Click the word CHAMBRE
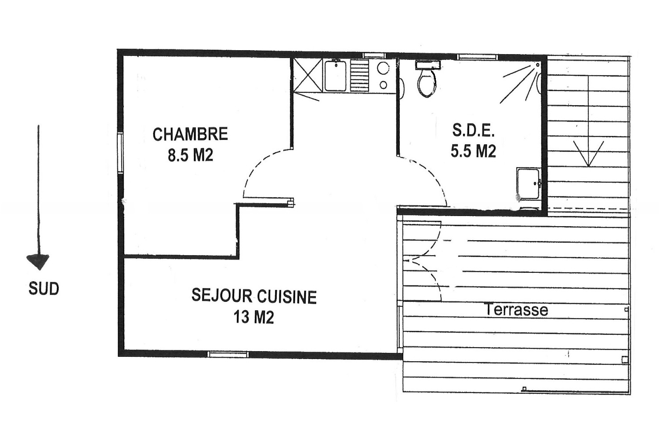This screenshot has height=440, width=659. [x=190, y=134]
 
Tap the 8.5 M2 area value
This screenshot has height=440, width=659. [x=190, y=155]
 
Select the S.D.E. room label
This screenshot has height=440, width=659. [x=473, y=131]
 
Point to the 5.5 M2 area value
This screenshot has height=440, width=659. [x=473, y=151]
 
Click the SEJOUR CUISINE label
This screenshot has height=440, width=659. [x=254, y=296]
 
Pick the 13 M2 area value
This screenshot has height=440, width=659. [x=254, y=317]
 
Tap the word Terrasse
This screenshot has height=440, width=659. [x=517, y=310]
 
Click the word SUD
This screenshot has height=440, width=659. [x=44, y=289]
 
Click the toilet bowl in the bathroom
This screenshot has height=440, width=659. [x=427, y=83]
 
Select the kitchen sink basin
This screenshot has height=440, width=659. [x=335, y=76]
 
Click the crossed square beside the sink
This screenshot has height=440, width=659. [x=308, y=75]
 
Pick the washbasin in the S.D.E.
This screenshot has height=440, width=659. [x=529, y=184]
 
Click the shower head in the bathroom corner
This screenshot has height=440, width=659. [x=538, y=65]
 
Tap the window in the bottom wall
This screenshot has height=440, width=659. [x=228, y=354]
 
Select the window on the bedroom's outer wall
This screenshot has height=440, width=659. [x=120, y=152]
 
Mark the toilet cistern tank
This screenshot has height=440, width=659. [x=428, y=65]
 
